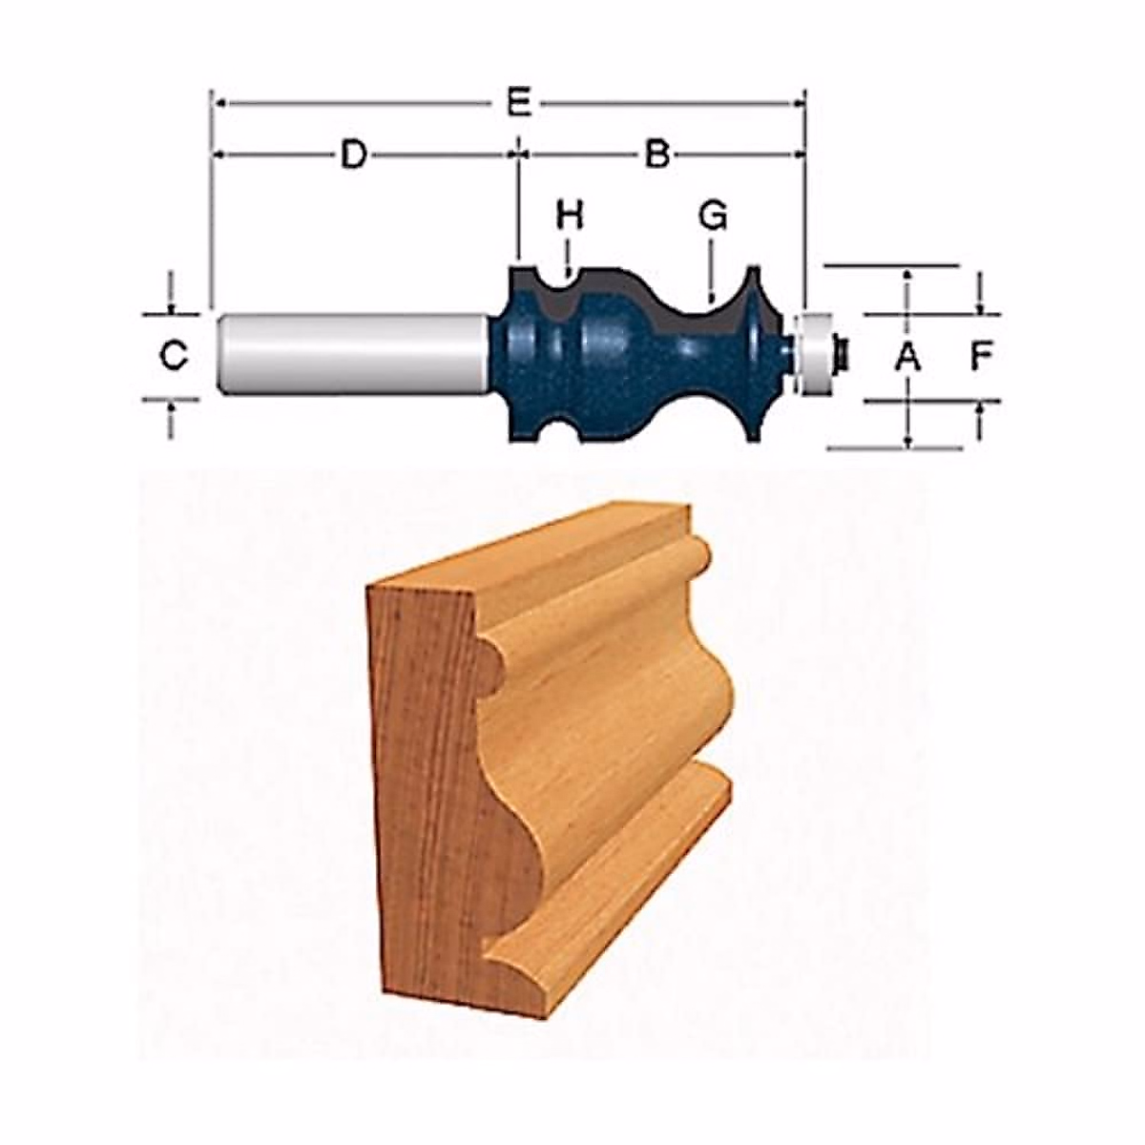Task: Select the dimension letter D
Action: (x=354, y=156)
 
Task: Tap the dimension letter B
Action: (x=657, y=156)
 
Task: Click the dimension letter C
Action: (x=174, y=356)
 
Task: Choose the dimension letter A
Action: (x=907, y=357)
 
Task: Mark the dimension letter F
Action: (x=982, y=357)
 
